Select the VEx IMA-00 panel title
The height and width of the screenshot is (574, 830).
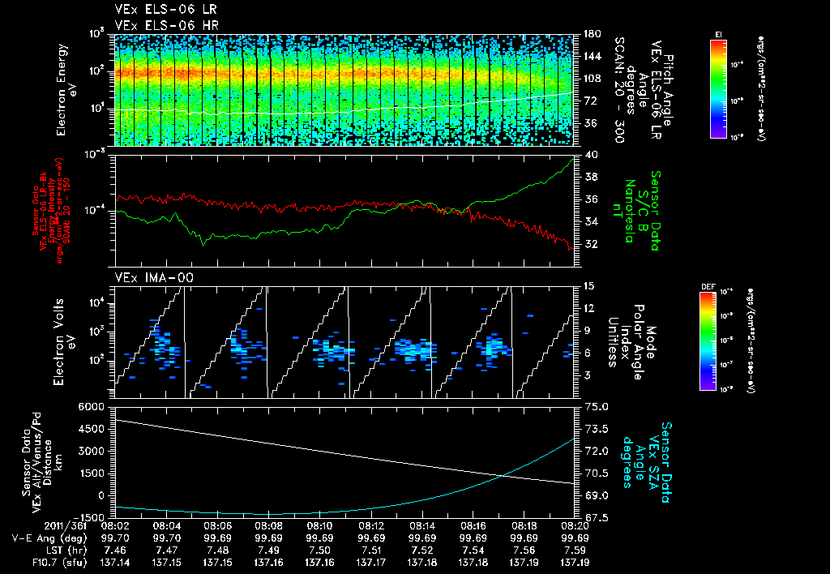[148, 277]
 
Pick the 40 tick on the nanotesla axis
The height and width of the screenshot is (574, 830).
[590, 154]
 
